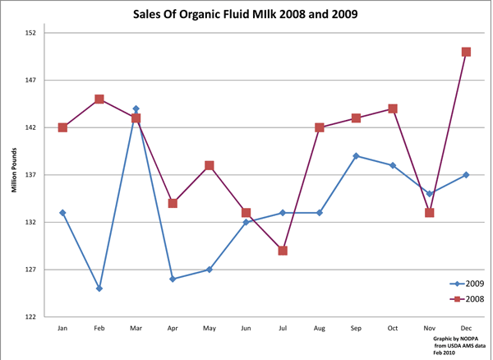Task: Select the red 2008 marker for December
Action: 466,52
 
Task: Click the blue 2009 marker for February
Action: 99,288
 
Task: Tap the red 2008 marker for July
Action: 283,251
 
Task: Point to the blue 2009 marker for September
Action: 356,156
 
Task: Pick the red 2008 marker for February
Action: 99,99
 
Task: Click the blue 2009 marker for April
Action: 173,279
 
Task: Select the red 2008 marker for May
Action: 210,165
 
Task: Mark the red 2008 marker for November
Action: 429,213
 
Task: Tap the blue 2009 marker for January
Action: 62,213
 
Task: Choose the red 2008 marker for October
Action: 393,108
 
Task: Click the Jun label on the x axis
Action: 246,328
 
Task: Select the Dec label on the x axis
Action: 466,328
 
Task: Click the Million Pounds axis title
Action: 14,175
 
